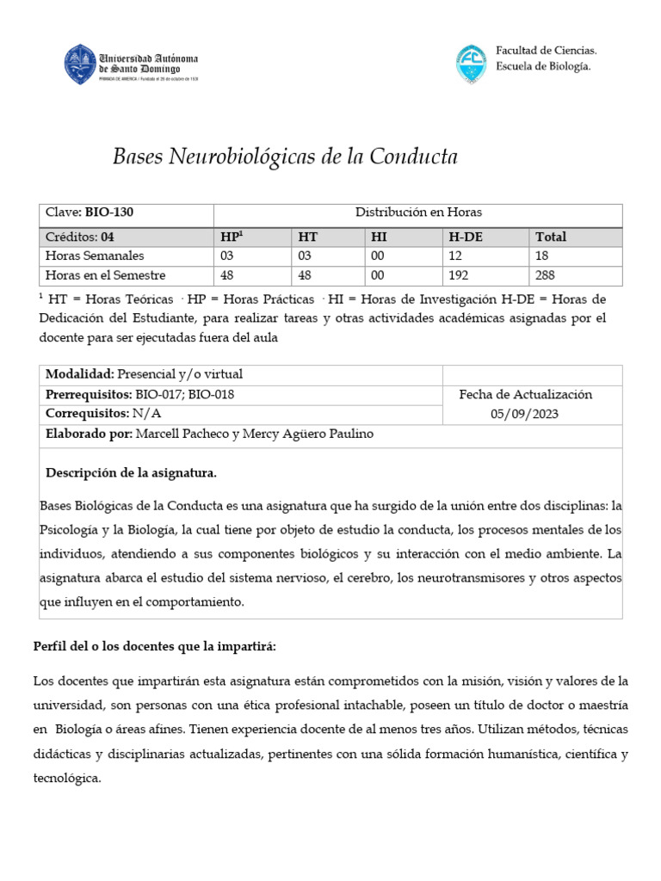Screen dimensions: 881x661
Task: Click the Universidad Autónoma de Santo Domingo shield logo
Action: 81,64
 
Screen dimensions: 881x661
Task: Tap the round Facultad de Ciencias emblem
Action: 471,64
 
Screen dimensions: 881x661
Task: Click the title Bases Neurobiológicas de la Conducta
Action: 286,157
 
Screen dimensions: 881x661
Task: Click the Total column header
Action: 551,237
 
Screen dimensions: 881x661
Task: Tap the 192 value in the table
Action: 460,275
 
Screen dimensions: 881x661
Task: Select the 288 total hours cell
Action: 545,275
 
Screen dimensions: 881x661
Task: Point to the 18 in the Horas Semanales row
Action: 542,256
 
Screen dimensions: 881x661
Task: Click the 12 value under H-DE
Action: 456,256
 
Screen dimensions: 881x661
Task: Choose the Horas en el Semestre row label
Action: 105,275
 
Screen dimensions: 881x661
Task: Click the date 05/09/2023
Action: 526,413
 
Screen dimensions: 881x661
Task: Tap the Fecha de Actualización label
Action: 526,394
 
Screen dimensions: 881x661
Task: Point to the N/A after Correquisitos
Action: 146,414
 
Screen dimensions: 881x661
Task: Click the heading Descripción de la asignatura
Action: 131,473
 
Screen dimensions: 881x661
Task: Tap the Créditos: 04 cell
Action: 79,237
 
